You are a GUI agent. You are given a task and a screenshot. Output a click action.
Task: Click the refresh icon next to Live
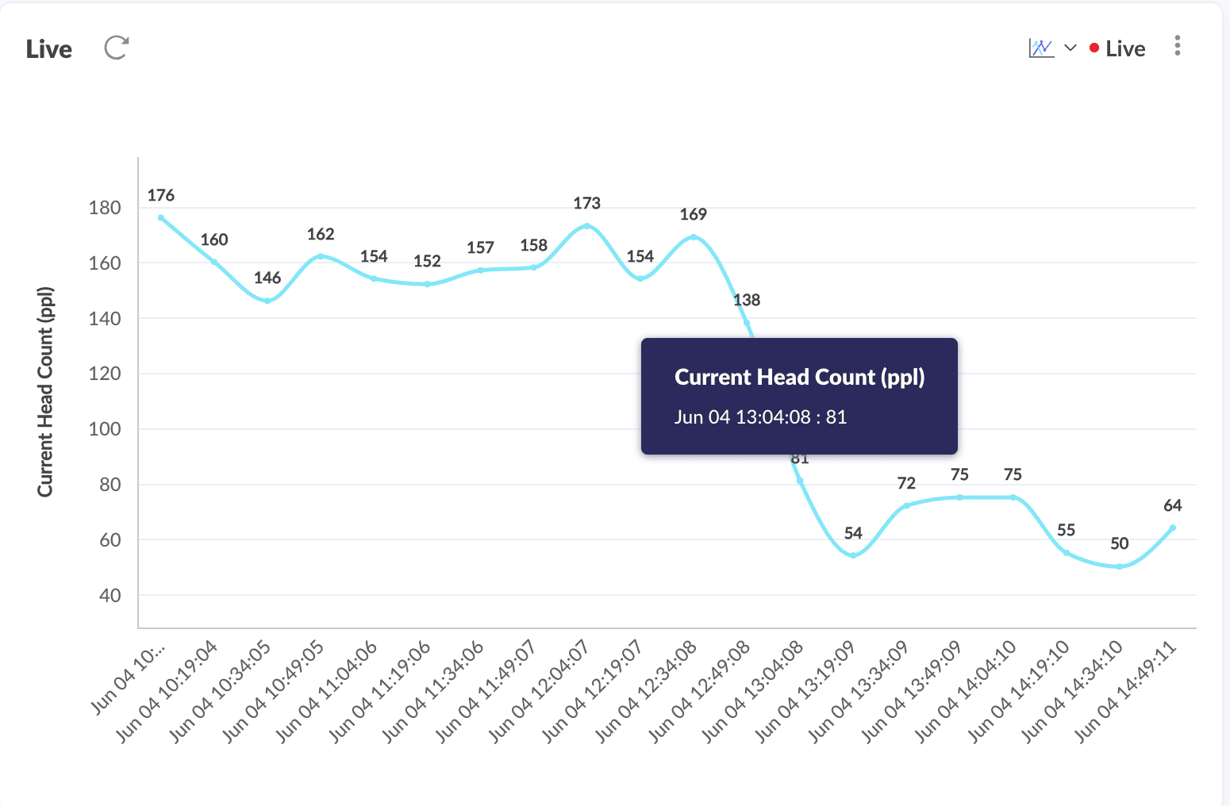point(117,48)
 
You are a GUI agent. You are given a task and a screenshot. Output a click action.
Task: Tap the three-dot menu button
point(1178,46)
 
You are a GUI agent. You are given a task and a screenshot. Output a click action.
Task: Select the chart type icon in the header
point(1041,48)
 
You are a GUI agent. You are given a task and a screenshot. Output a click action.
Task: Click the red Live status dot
point(1094,48)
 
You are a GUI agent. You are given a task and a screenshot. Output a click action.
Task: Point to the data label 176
point(161,195)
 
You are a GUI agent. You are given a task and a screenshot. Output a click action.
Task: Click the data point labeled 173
point(587,226)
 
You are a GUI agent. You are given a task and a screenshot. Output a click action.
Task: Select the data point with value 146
point(267,301)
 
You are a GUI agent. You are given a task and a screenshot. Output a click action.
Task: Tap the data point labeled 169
point(694,237)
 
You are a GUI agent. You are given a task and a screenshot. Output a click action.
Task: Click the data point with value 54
point(853,555)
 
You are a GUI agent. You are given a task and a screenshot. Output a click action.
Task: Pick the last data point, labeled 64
point(1172,528)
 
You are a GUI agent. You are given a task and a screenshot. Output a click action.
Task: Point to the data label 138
point(747,300)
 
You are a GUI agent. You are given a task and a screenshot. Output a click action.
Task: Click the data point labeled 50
point(1119,566)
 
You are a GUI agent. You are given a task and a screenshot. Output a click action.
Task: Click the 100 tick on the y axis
point(105,429)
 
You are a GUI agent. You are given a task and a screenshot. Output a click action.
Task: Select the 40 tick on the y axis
point(110,596)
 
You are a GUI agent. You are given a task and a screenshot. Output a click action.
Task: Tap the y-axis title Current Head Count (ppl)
point(45,392)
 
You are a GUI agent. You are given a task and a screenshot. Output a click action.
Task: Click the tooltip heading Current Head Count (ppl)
point(799,377)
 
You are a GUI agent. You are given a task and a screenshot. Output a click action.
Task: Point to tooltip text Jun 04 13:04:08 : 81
point(760,417)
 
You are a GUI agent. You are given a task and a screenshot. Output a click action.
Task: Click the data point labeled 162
point(321,256)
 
